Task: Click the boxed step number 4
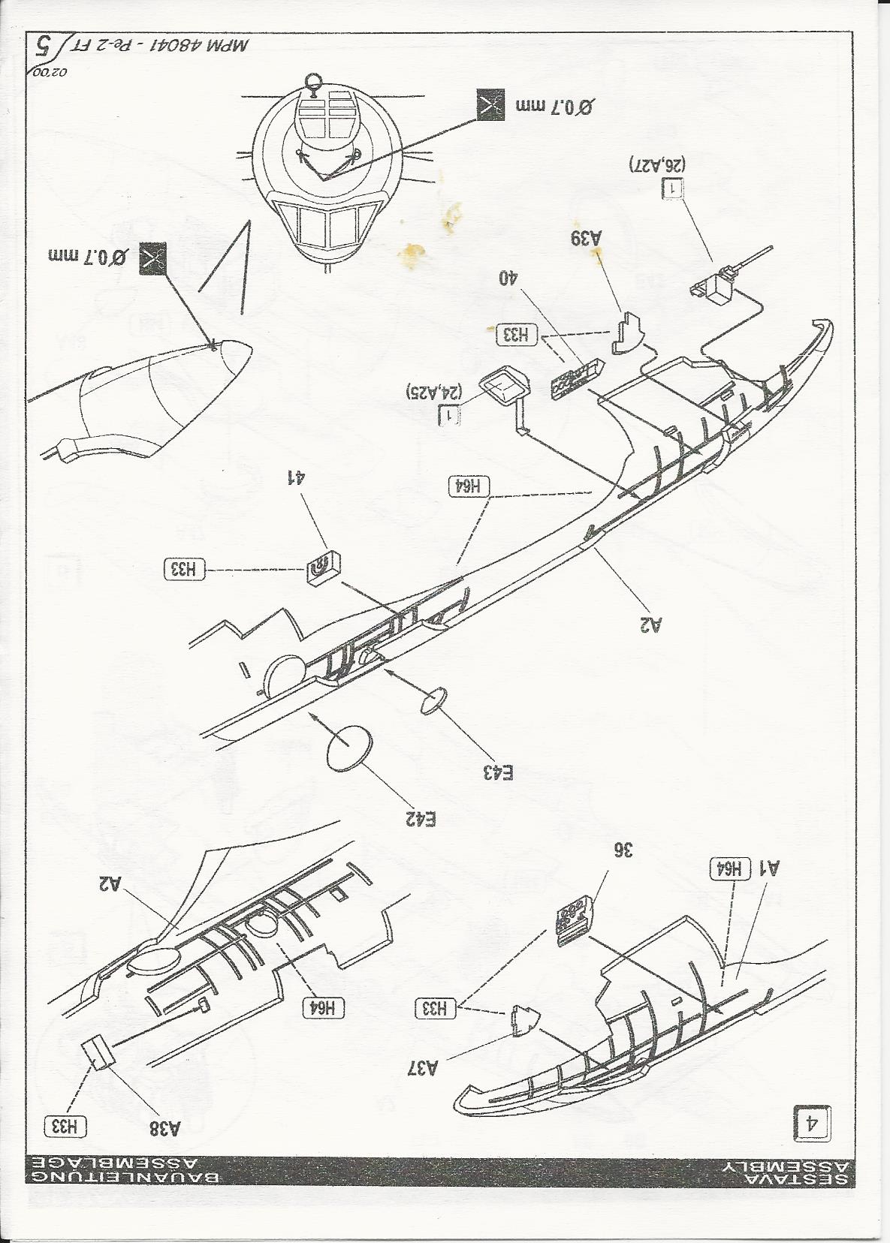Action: point(812,1123)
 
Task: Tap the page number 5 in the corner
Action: point(45,48)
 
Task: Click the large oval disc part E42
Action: point(349,748)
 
